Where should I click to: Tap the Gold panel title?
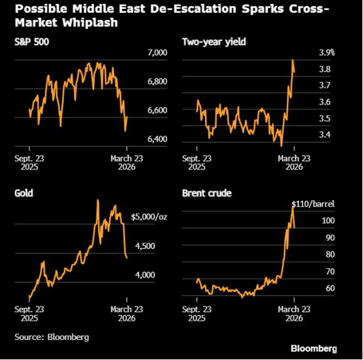point(24,193)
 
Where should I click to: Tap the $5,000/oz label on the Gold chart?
point(153,217)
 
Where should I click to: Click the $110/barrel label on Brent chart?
point(313,204)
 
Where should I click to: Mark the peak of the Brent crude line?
point(293,206)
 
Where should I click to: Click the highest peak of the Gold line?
point(97,201)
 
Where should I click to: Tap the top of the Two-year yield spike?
point(293,60)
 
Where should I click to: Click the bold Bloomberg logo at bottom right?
point(313,348)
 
